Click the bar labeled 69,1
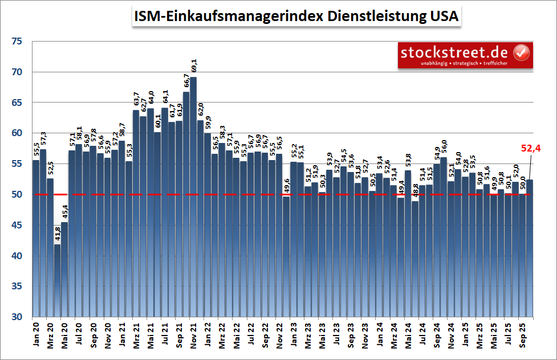coord(193,197)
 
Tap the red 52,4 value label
coord(531,149)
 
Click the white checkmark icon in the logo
coord(522,53)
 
